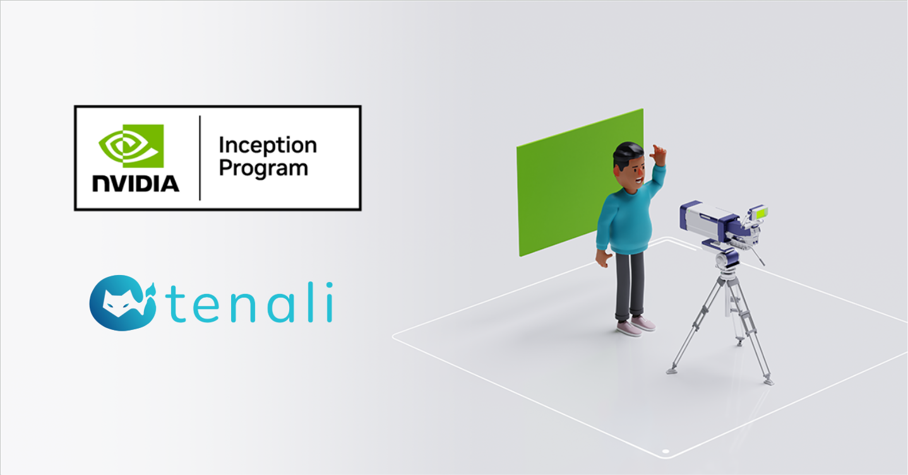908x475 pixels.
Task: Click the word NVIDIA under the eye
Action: point(135,183)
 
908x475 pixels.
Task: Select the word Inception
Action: point(267,146)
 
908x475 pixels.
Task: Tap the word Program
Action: point(263,168)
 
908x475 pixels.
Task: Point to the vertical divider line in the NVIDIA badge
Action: point(200,158)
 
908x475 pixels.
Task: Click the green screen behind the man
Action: point(556,189)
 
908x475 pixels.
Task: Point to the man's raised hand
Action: point(659,154)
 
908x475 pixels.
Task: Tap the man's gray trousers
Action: point(630,284)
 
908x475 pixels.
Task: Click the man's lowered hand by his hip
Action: point(602,258)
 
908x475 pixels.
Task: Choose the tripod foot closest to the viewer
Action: point(768,381)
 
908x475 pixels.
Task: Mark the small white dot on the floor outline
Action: point(664,452)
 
